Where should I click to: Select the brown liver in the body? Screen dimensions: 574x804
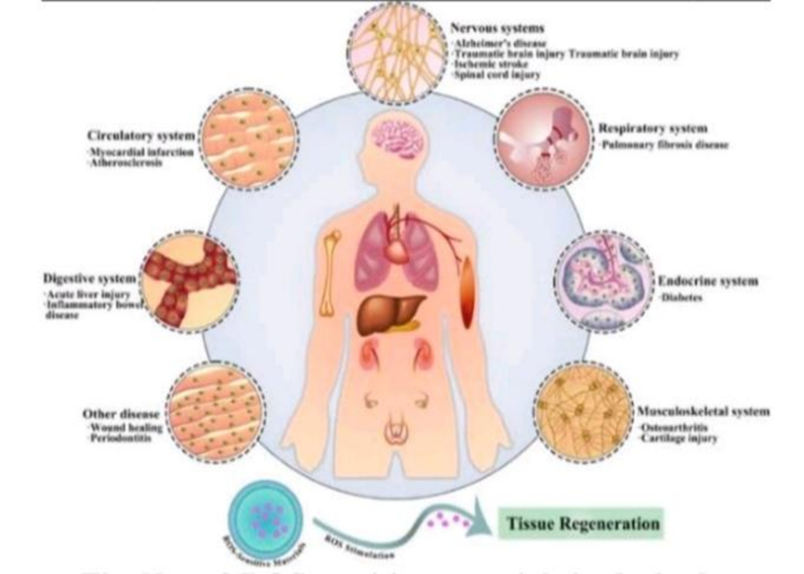click(x=389, y=315)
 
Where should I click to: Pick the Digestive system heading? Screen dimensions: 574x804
click(x=88, y=279)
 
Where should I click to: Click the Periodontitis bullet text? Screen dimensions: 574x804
click(x=123, y=438)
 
